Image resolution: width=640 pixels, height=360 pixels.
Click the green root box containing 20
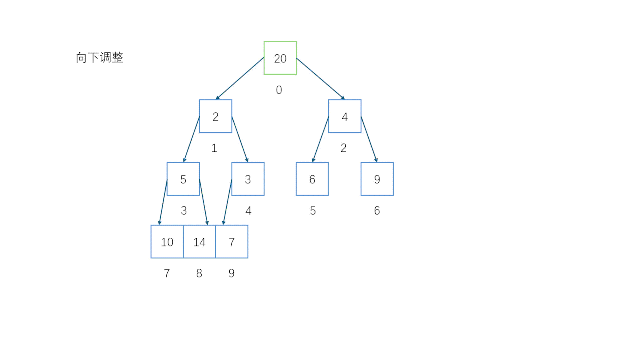pyautogui.click(x=280, y=58)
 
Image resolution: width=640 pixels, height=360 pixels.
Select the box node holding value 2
pyautogui.click(x=215, y=116)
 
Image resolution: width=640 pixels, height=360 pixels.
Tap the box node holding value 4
pyautogui.click(x=345, y=116)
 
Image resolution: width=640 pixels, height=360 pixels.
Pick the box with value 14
pyautogui.click(x=199, y=242)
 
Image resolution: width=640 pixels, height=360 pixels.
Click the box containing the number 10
pyautogui.click(x=167, y=242)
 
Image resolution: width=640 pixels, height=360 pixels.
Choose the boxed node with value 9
pyautogui.click(x=377, y=179)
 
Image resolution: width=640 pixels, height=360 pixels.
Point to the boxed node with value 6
pyautogui.click(x=312, y=179)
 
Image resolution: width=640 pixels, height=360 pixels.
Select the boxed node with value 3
pyautogui.click(x=248, y=179)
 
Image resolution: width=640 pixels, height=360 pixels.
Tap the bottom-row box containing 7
pyautogui.click(x=232, y=242)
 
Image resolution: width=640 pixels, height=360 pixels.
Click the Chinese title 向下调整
pyautogui.click(x=99, y=57)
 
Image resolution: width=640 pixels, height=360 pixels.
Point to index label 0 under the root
pyautogui.click(x=279, y=90)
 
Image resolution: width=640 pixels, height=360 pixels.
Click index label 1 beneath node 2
pyautogui.click(x=214, y=148)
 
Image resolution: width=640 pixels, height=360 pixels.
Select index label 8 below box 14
pyautogui.click(x=199, y=273)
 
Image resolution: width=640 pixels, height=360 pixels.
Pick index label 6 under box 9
pyautogui.click(x=377, y=210)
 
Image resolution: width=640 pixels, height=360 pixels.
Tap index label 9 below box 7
pyautogui.click(x=231, y=273)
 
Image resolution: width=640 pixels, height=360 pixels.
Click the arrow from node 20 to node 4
pyautogui.click(x=320, y=78)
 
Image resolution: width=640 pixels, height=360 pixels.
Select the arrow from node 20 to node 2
pyautogui.click(x=240, y=78)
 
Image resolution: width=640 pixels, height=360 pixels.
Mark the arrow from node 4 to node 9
pyautogui.click(x=369, y=139)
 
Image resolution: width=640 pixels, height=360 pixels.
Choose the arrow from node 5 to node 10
pyautogui.click(x=163, y=202)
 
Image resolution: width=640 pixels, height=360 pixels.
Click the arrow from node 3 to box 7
pyautogui.click(x=227, y=202)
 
